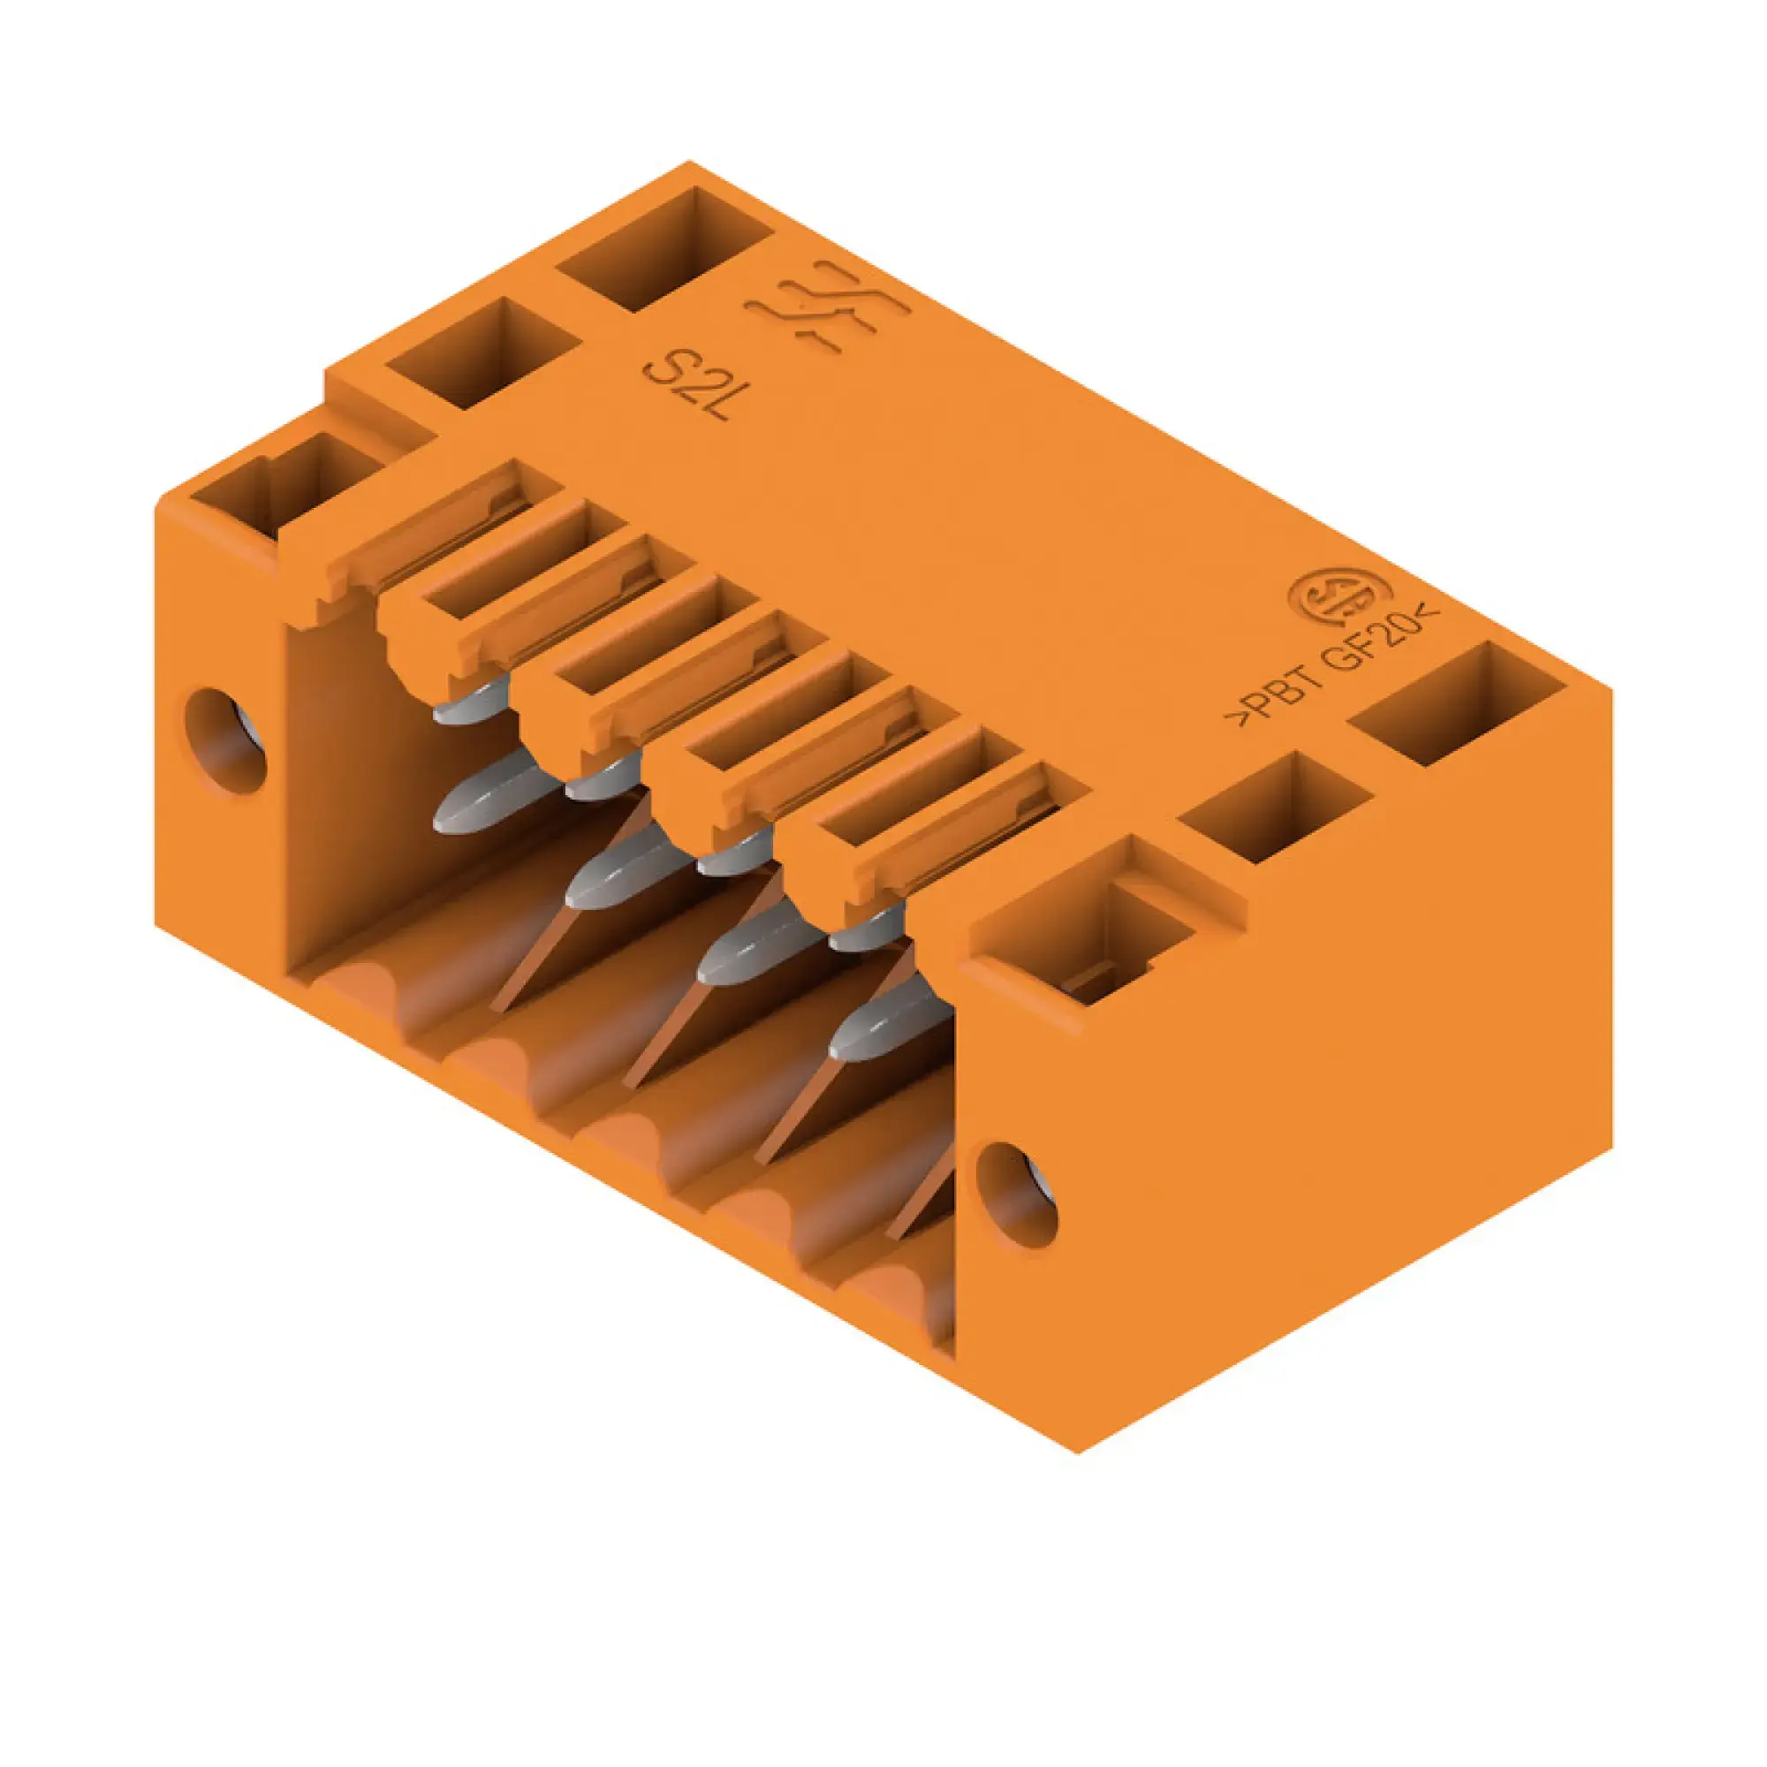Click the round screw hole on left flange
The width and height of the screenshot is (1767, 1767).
(x=225, y=742)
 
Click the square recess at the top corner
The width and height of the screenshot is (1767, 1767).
(x=665, y=249)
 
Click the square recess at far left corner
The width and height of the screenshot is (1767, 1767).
(x=285, y=483)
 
